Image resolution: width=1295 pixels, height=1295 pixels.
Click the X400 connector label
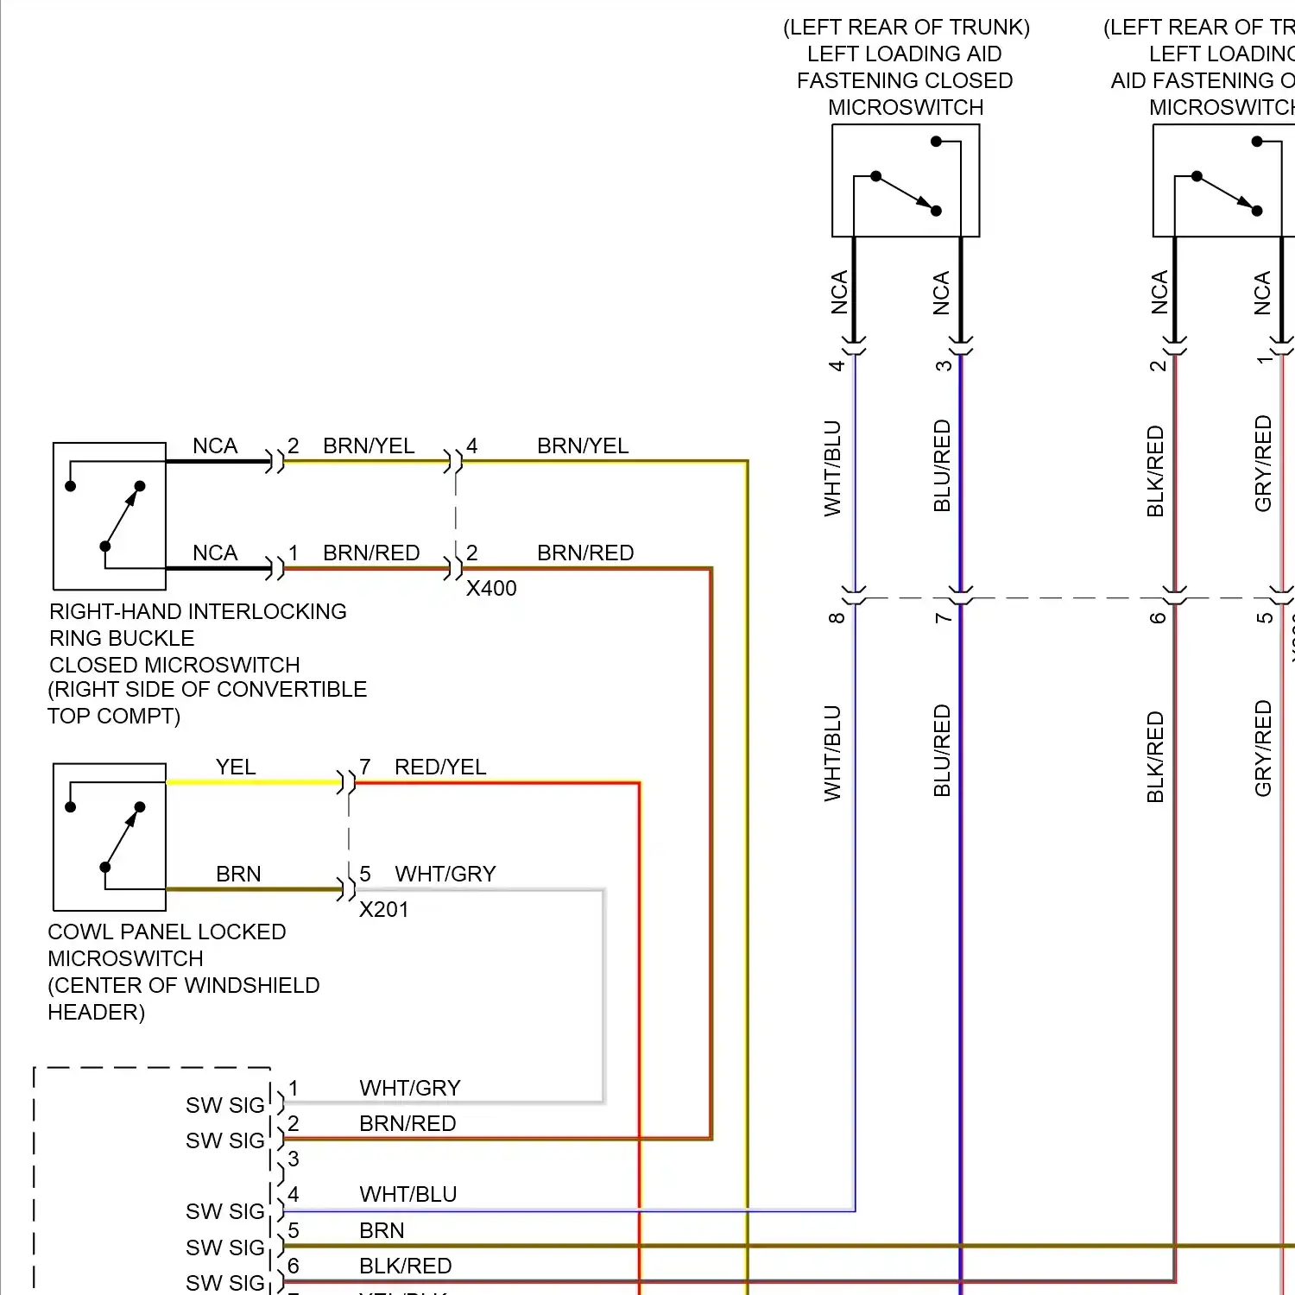point(491,588)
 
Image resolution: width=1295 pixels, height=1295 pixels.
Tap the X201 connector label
point(383,909)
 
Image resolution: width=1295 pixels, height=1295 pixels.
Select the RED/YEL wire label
point(440,767)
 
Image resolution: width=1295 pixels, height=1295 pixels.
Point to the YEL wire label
point(236,767)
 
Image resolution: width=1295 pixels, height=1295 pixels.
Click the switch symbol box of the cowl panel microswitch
point(110,837)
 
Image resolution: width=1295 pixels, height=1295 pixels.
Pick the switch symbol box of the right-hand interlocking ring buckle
point(110,516)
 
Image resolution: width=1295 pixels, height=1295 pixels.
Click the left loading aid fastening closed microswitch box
point(906,180)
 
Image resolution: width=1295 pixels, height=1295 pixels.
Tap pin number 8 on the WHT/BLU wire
point(837,618)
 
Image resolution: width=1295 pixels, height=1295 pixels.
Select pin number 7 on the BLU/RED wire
point(944,618)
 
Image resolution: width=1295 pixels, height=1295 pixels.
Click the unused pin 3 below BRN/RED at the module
point(294,1159)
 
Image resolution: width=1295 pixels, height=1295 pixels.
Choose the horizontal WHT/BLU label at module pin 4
point(407,1194)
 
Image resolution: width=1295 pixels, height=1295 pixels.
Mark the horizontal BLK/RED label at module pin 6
point(405,1266)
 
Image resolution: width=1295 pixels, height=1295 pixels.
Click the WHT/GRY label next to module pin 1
point(410,1088)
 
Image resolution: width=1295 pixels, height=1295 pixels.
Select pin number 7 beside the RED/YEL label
point(365,767)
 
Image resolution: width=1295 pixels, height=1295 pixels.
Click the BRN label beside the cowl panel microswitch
point(238,874)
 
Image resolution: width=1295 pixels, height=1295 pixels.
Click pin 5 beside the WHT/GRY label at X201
point(365,874)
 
